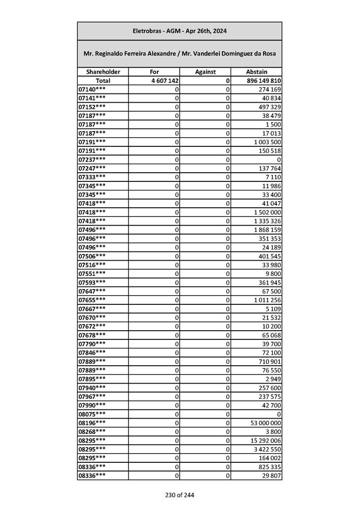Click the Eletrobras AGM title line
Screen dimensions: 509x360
pos(179,31)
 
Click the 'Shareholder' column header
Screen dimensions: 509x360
pos(103,72)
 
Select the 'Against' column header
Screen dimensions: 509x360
pos(205,72)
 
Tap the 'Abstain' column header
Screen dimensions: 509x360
pos(256,72)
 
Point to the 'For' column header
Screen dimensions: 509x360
pos(154,72)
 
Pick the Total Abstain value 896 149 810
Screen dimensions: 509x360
pos(263,81)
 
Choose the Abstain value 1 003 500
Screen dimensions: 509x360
pos(268,142)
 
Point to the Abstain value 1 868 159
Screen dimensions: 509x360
pos(268,230)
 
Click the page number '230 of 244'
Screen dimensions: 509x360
pos(179,495)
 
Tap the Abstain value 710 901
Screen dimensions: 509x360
pos(270,361)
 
